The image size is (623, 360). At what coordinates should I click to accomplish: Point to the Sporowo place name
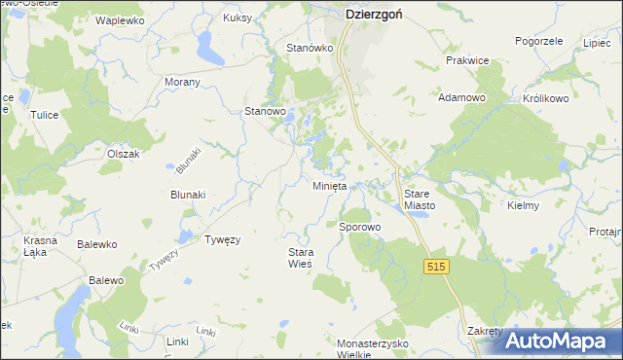(x=359, y=227)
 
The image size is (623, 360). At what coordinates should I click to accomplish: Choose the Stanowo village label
(x=265, y=112)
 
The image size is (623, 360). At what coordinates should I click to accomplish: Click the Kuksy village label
(x=238, y=18)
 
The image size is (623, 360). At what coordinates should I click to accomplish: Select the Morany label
(x=182, y=82)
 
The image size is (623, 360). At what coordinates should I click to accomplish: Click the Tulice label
(x=45, y=115)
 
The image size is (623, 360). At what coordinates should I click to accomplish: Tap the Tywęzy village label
(x=222, y=238)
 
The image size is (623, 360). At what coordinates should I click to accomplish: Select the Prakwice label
(x=466, y=60)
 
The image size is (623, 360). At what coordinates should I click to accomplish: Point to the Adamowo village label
(x=462, y=97)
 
